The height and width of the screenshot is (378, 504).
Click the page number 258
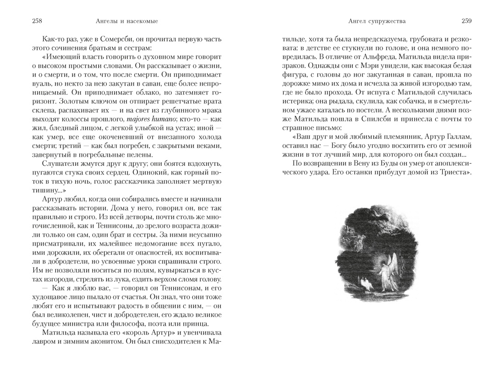point(37,21)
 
